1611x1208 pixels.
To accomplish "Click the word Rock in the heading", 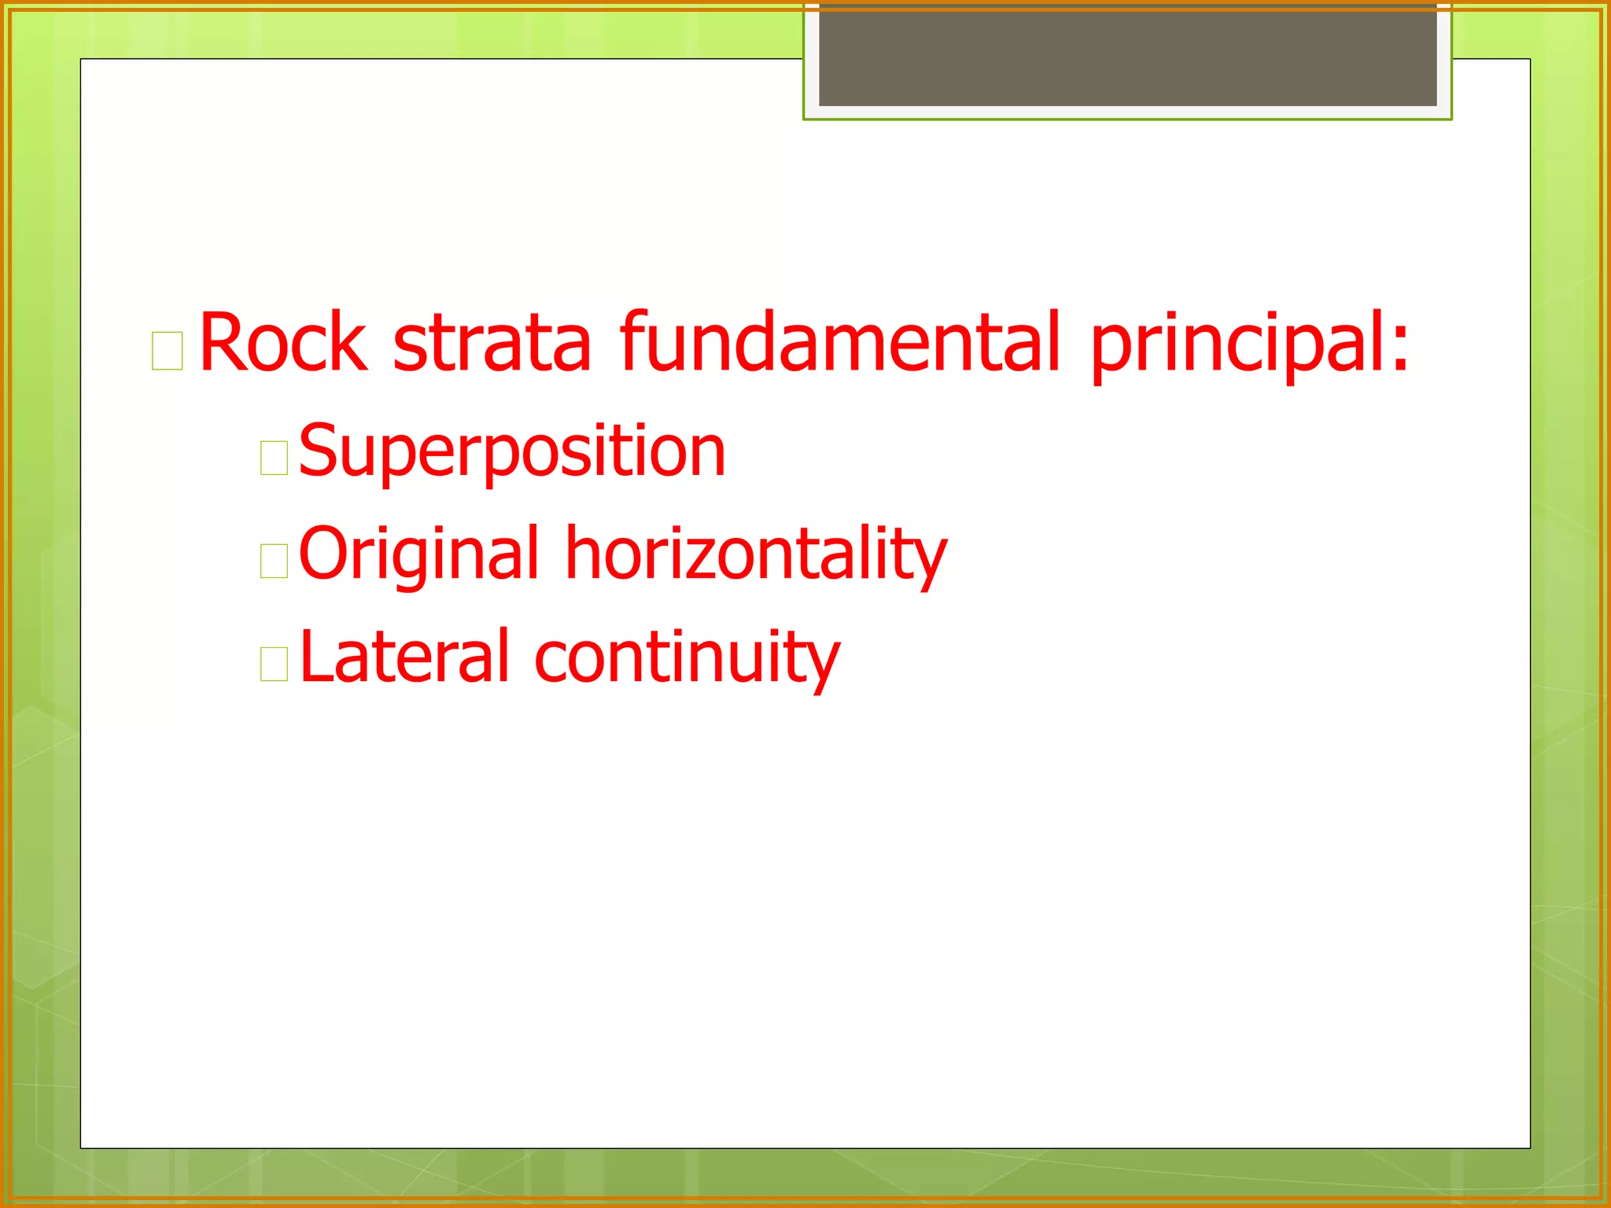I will point(283,342).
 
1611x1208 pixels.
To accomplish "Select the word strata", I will point(492,342).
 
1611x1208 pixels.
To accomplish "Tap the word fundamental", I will point(840,342).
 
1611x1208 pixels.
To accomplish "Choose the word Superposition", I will point(511,452).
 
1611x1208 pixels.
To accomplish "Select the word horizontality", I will point(756,554).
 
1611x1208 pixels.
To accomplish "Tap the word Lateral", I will point(405,657).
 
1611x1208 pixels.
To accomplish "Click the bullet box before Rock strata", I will point(167,351).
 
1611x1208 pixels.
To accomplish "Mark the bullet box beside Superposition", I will point(274,458).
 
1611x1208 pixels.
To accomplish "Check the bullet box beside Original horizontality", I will point(274,561).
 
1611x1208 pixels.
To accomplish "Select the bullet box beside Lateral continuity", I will point(274,664).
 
